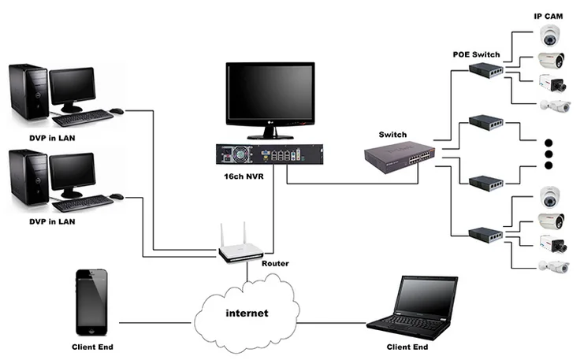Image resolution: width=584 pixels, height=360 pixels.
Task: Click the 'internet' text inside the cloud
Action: [246, 314]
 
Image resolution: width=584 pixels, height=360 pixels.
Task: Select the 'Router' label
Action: [275, 263]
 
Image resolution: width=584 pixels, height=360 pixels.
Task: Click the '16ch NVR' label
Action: [244, 176]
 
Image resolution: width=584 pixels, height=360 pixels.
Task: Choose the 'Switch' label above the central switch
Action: [392, 135]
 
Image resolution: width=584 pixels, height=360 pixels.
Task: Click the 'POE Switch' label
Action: [476, 54]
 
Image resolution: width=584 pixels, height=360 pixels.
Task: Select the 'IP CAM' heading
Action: [549, 17]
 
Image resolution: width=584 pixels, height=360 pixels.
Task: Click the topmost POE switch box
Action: [486, 72]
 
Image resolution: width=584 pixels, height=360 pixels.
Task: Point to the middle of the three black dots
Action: [549, 154]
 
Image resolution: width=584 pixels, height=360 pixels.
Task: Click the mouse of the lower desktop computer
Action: [117, 195]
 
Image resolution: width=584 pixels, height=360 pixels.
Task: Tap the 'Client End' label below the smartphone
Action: [91, 347]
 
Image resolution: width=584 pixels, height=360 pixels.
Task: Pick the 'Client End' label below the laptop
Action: [407, 347]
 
